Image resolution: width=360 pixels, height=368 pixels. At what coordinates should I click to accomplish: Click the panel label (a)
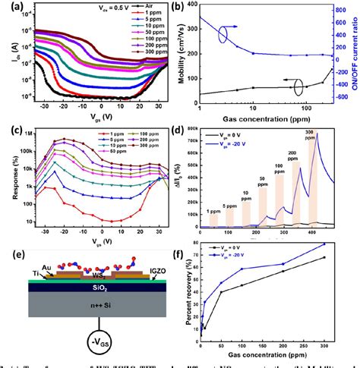coord(13,9)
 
